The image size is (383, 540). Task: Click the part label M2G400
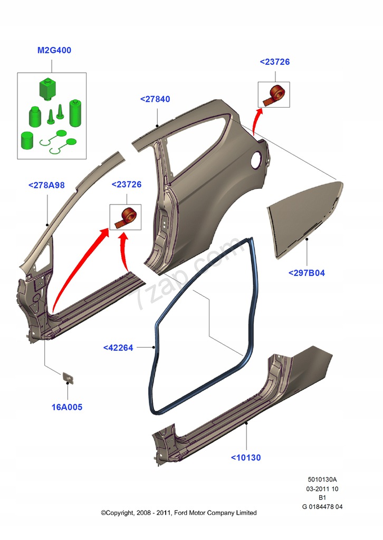(54, 50)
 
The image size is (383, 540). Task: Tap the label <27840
(155, 99)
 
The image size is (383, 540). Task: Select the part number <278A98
(46, 185)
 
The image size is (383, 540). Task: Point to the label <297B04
(307, 273)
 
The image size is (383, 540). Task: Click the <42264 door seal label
(118, 348)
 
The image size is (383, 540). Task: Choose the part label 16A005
(67, 407)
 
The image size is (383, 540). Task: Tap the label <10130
(246, 458)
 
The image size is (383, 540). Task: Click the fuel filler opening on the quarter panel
(256, 160)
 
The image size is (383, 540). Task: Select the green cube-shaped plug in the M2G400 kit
(47, 89)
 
